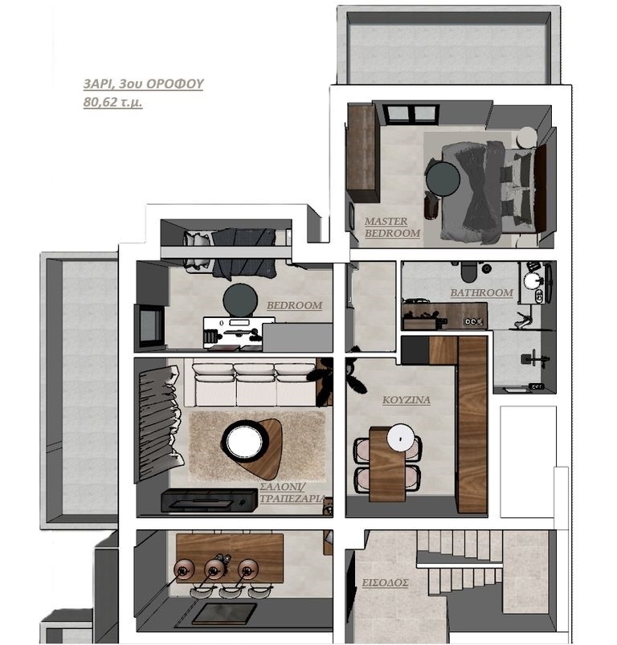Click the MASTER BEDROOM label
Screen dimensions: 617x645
click(x=392, y=227)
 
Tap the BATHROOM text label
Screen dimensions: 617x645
click(x=482, y=293)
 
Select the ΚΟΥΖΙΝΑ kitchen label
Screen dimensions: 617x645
click(x=407, y=400)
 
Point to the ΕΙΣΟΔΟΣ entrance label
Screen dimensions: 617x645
click(x=385, y=583)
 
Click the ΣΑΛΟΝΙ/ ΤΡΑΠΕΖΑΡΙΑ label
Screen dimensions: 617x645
click(x=292, y=493)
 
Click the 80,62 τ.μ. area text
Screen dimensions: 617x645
click(x=112, y=101)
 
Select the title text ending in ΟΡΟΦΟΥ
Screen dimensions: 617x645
click(x=144, y=84)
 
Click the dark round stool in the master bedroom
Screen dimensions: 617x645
click(x=443, y=178)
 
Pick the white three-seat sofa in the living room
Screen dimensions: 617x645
click(x=254, y=385)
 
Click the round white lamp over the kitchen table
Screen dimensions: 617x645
click(x=401, y=439)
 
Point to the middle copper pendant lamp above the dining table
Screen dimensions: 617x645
click(x=215, y=569)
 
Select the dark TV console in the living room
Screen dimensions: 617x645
click(x=209, y=500)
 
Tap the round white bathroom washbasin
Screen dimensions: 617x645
click(x=533, y=280)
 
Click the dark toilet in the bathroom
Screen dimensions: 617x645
click(x=468, y=272)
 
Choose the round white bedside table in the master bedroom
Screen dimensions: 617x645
click(x=527, y=137)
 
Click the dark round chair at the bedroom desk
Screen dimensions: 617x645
click(x=240, y=300)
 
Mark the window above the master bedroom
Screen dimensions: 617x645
click(x=410, y=113)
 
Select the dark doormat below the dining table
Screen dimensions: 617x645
click(x=225, y=614)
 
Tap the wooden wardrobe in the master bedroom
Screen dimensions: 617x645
click(x=362, y=153)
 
